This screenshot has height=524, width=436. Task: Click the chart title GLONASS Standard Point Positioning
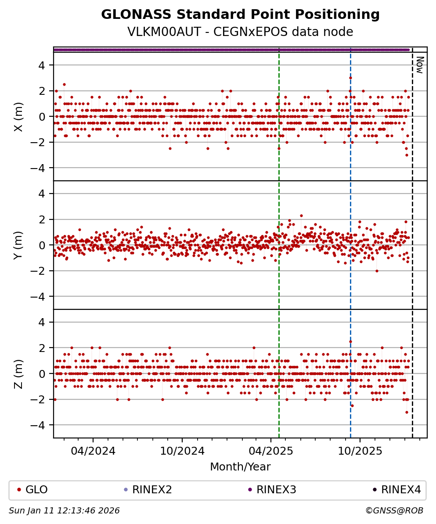[x=240, y=15]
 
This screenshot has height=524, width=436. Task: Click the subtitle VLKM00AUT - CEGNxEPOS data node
[x=240, y=32]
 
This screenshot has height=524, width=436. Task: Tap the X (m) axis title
[x=18, y=117]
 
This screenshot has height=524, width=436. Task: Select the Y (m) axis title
[x=18, y=245]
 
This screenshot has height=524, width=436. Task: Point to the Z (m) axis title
[x=18, y=374]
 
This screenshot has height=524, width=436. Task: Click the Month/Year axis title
[x=240, y=467]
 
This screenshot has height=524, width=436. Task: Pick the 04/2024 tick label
[x=93, y=451]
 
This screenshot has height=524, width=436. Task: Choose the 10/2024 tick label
[x=182, y=451]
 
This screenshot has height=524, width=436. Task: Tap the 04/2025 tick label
[x=271, y=451]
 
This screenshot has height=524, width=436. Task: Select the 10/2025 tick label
[x=360, y=451]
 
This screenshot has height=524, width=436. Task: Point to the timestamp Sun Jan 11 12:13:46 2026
[x=64, y=511]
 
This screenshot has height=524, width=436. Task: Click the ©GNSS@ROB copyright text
[x=394, y=511]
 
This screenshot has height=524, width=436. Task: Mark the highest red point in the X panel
[x=350, y=78]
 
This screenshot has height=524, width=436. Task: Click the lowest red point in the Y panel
[x=377, y=271]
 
